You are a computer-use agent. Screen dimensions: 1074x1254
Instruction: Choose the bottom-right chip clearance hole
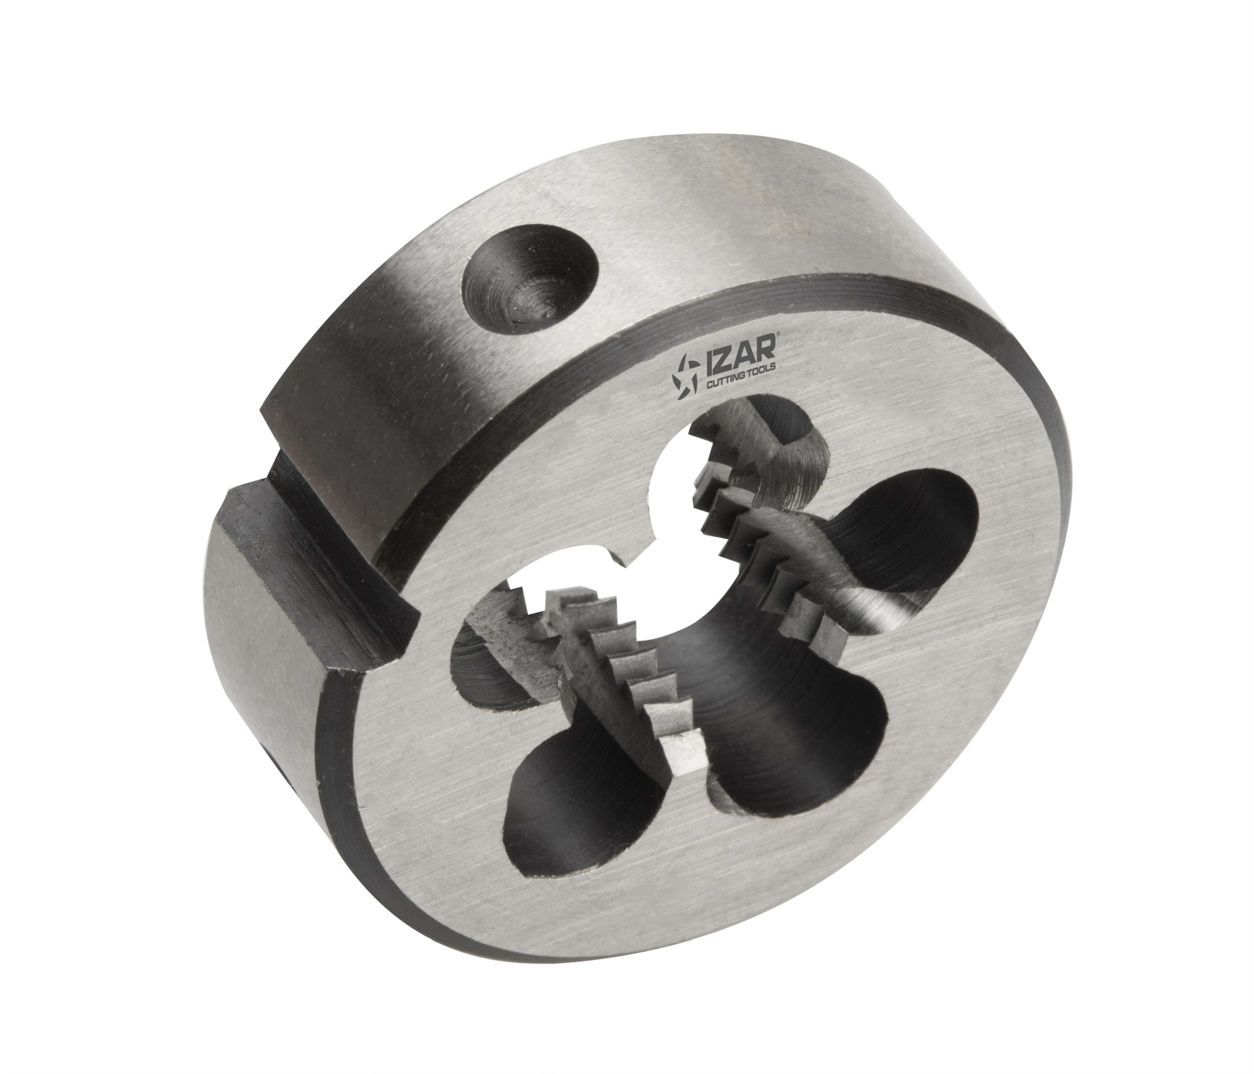point(796,772)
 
